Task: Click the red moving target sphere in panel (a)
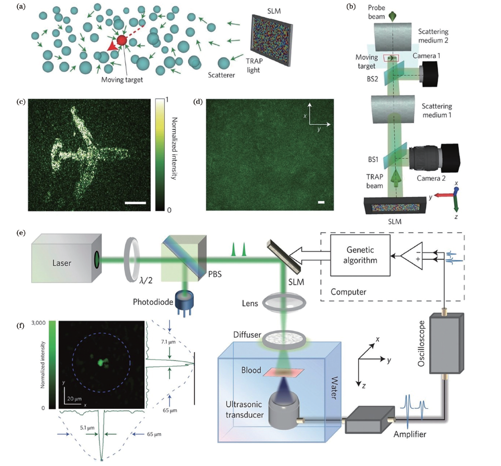(122, 41)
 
